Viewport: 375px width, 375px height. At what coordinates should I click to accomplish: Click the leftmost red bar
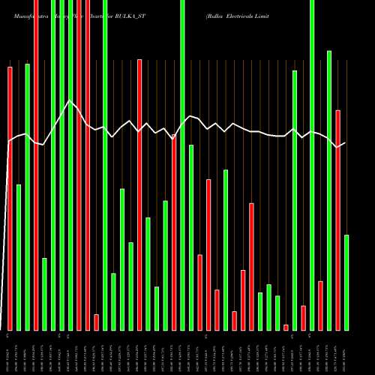click(x=10, y=198)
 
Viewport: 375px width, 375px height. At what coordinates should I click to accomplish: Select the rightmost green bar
click(x=346, y=282)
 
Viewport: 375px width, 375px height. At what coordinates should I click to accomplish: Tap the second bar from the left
click(x=19, y=257)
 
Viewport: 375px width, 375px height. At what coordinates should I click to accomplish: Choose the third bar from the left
click(x=28, y=196)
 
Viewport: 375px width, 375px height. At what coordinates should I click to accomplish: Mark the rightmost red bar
click(x=338, y=220)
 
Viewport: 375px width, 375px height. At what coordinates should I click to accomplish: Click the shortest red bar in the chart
click(x=286, y=327)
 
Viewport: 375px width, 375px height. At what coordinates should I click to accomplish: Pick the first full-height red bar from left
click(x=36, y=165)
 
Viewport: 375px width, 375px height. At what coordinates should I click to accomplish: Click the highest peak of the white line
click(x=70, y=100)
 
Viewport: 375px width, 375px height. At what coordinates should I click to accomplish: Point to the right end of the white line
click(x=346, y=142)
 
